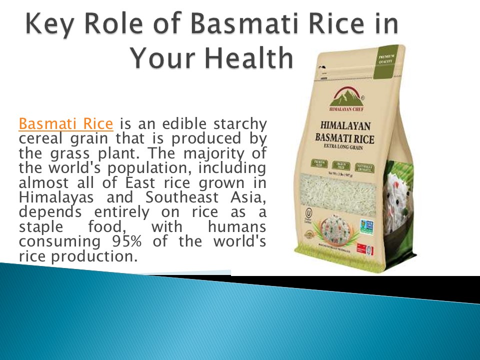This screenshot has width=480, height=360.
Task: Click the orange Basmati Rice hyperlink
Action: pos(66,123)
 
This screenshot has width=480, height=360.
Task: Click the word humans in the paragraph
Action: pos(236,227)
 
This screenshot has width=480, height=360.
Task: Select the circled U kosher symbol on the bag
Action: pos(309,215)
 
